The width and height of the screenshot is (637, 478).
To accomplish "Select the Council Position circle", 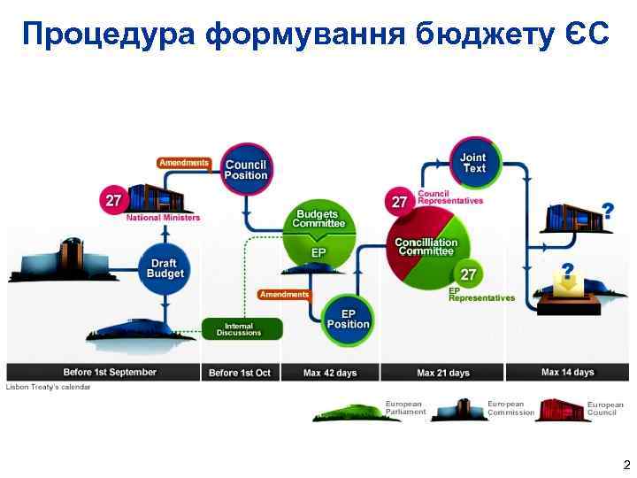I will coord(245,169).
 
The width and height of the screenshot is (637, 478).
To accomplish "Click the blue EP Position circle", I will coord(348,320).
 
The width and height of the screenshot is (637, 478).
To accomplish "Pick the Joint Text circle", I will coord(474,163).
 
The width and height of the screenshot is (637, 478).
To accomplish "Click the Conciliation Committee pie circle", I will coord(426,247).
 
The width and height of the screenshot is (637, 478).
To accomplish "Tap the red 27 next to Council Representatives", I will coord(399,202).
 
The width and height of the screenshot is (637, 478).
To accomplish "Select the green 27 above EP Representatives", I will coord(468,274).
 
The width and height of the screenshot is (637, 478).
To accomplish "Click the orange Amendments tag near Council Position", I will coord(184,163).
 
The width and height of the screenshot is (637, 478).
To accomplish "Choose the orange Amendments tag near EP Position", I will coord(284,294).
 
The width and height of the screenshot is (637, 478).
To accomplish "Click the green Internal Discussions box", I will coord(242,329).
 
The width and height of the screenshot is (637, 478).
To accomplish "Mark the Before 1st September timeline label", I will coord(110,373).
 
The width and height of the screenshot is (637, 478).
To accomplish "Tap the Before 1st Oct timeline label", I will coord(239,373).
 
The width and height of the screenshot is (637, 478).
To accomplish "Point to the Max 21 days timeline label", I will coord(442,373).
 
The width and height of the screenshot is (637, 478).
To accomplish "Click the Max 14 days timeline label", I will coord(567,373).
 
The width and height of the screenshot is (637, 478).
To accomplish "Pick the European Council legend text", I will coord(605,409).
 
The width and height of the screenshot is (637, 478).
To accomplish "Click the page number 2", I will coord(625,465).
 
